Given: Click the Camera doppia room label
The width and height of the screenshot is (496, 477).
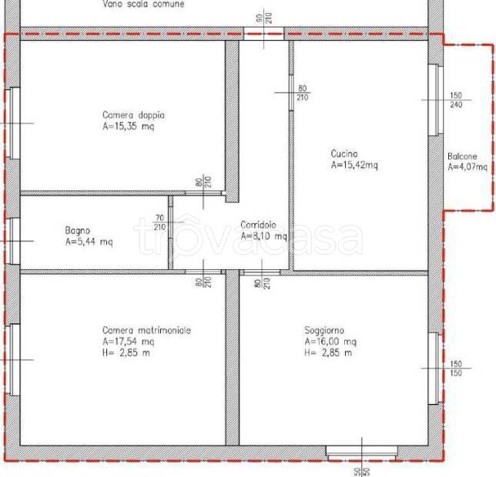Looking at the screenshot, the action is pos(133,115).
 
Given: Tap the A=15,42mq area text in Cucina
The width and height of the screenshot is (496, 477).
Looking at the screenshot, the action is pos(354,165).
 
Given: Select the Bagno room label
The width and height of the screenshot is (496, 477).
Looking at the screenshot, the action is pos(78,230).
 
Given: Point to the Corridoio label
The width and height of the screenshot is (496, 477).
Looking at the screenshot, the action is pos(258,225).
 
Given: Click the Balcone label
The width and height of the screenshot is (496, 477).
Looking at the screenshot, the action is pos(462,156).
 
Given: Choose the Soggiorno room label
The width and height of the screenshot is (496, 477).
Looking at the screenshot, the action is pos(324,330).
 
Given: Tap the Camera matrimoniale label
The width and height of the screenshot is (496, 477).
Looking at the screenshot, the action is pos(147,330).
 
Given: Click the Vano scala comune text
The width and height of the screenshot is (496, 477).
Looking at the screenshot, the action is pos(143,4).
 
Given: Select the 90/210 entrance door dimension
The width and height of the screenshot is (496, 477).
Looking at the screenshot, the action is pos(264,18).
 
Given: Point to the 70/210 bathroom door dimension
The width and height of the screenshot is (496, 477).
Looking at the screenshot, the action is pos(159,222).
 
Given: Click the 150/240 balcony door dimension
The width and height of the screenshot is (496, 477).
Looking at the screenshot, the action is pos(456,100).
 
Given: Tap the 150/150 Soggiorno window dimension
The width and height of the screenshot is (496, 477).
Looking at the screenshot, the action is pos(456,369).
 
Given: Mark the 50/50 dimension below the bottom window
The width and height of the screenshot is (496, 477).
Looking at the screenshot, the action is pos(362,472).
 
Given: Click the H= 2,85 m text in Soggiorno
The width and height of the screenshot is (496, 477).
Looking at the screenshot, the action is pos(328,352).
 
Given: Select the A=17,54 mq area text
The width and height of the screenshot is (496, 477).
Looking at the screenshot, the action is pos(128,342).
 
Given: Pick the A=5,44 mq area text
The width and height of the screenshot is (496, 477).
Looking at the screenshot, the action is pos(89,242).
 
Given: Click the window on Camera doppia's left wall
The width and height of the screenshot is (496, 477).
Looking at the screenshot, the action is pos(13,123).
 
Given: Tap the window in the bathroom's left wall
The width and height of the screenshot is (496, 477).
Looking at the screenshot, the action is pos(13,241).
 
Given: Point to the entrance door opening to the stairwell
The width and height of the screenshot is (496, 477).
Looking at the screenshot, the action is pos(264,34).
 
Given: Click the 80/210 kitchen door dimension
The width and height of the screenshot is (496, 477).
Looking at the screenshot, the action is pos(302,93).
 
